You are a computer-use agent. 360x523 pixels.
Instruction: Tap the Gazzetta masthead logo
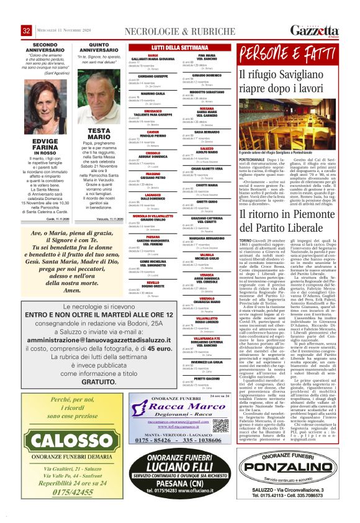(x=315, y=30)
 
